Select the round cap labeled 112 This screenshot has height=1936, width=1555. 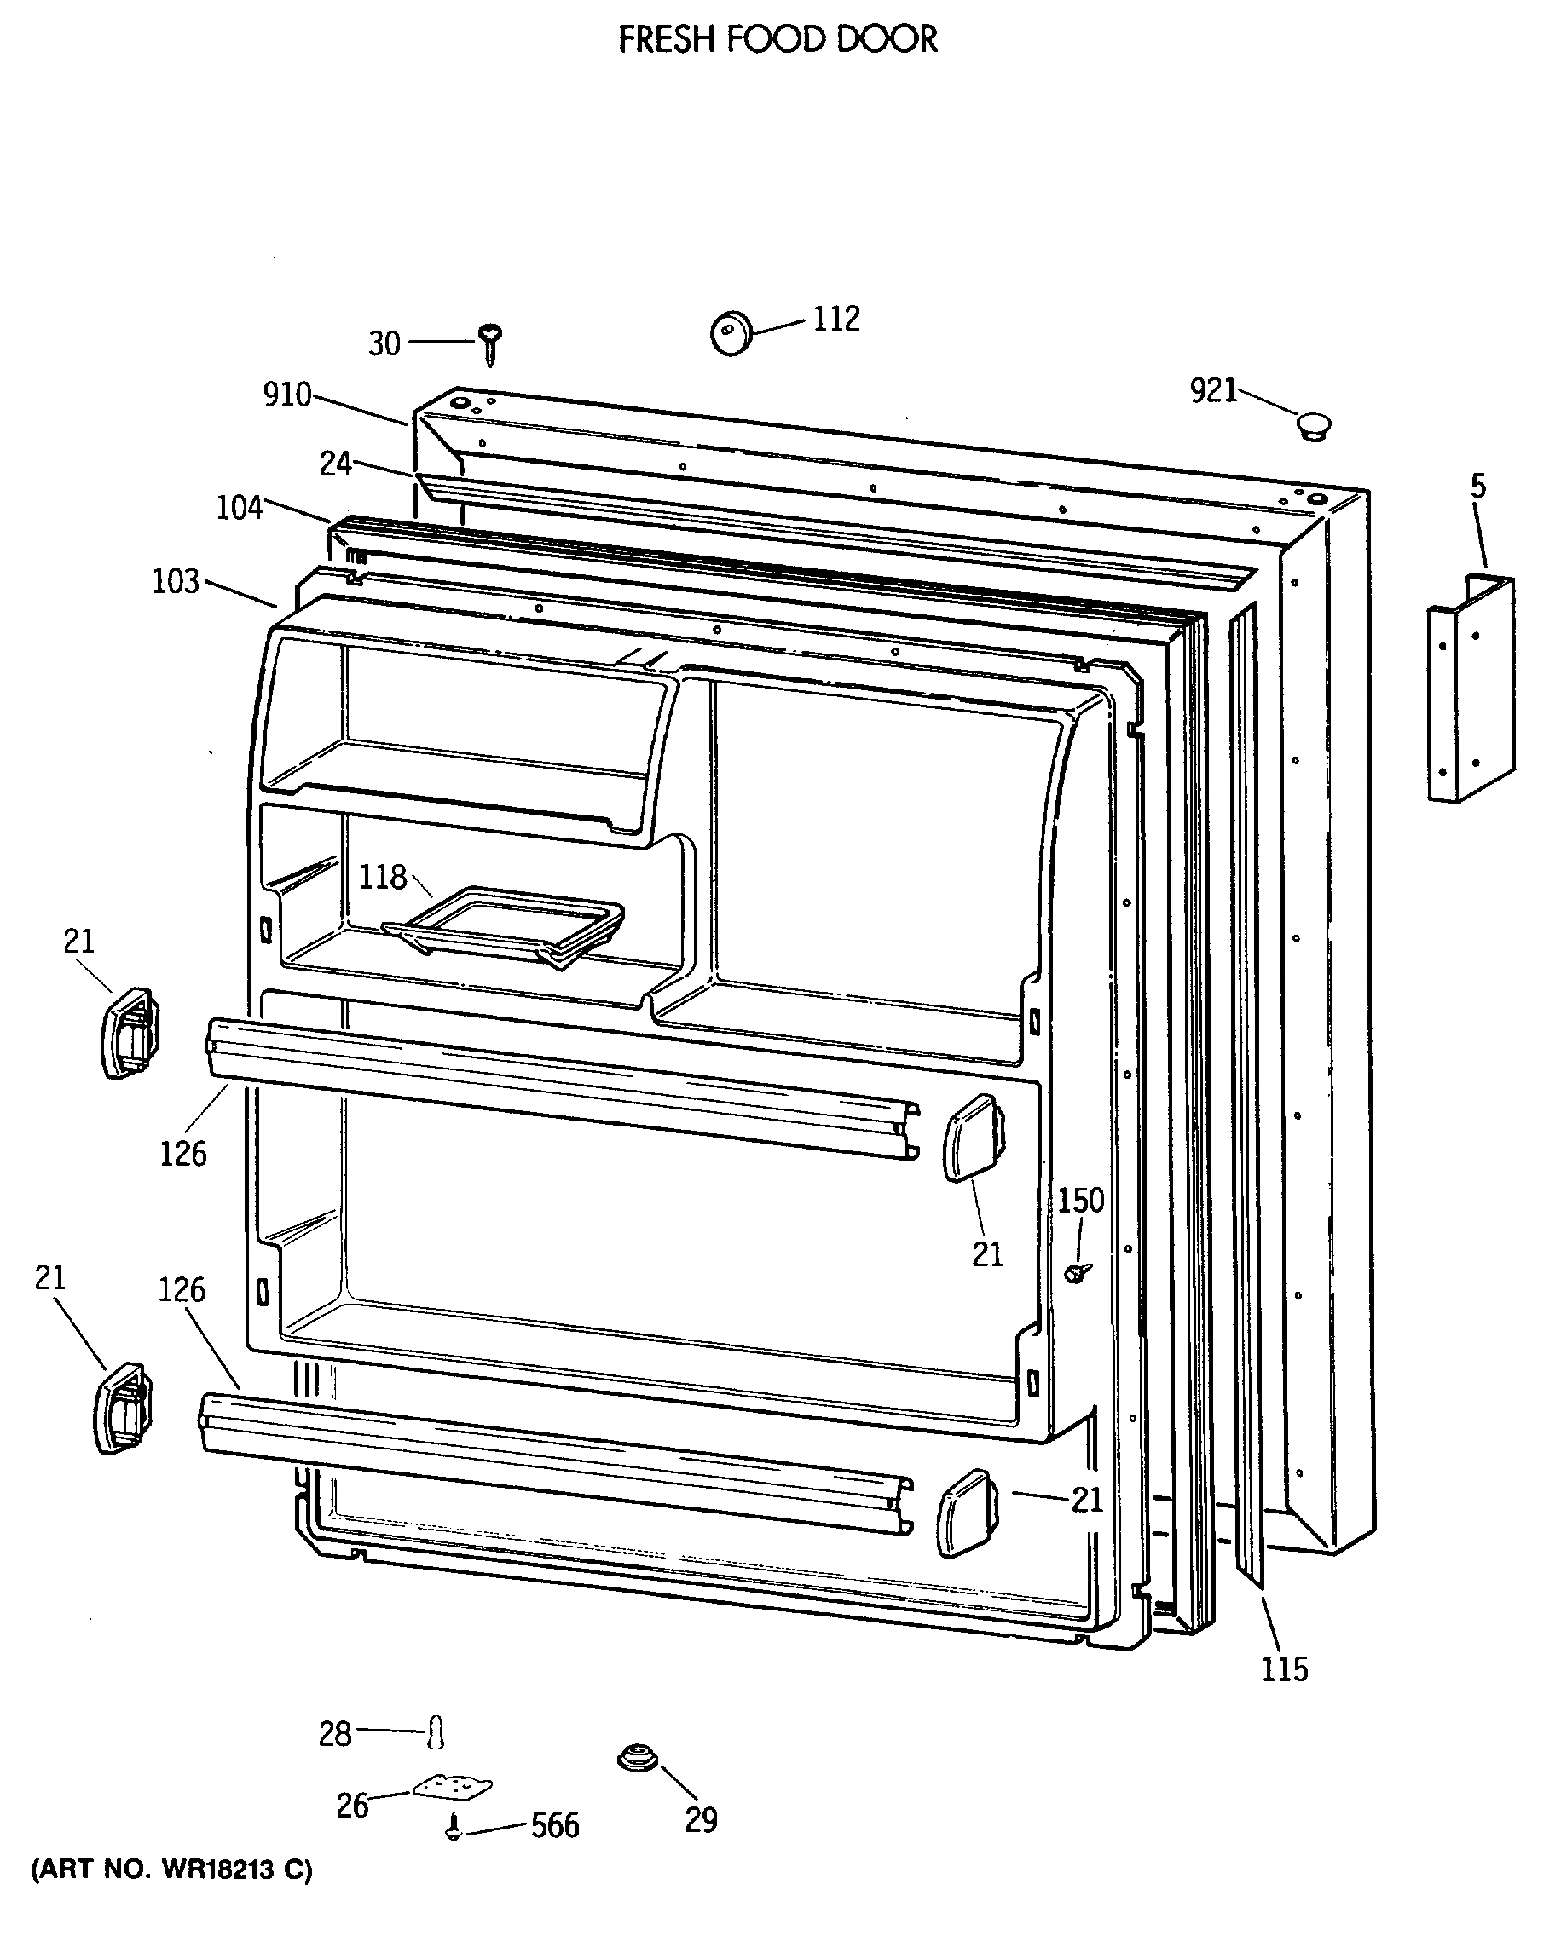(x=731, y=333)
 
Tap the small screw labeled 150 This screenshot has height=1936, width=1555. (x=1077, y=1270)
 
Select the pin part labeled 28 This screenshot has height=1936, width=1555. (x=436, y=1732)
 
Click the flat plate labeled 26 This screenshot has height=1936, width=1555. (x=453, y=1787)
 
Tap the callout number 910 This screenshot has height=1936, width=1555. (x=287, y=395)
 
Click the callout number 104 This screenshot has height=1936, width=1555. (x=240, y=507)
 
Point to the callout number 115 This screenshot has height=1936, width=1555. (x=1285, y=1669)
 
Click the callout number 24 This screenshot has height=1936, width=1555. (x=336, y=464)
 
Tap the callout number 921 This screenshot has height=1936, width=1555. (x=1214, y=389)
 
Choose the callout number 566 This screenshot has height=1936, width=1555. (x=555, y=1825)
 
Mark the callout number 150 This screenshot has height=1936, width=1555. (x=1080, y=1200)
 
